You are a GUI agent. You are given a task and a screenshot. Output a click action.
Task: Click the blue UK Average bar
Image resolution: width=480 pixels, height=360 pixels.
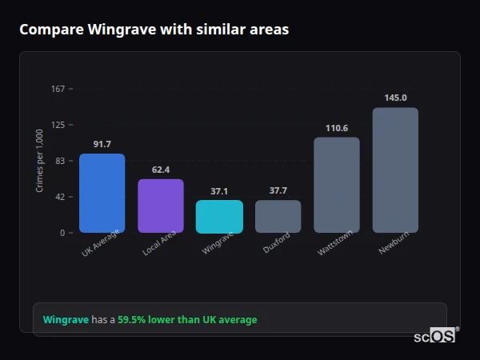click(102, 193)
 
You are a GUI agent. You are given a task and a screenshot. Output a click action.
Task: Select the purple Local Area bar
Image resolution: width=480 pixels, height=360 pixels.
click(161, 206)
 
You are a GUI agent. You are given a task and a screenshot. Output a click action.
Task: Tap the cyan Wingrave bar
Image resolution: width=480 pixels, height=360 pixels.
click(219, 216)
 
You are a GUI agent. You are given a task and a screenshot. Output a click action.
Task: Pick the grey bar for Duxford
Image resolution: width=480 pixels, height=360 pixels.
click(278, 216)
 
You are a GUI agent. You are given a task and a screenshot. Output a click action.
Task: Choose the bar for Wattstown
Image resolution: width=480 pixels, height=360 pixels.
click(337, 185)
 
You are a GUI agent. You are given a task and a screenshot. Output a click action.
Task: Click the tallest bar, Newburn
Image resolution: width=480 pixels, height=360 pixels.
click(395, 170)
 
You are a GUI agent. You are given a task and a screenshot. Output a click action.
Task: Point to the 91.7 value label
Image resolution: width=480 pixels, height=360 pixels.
click(102, 144)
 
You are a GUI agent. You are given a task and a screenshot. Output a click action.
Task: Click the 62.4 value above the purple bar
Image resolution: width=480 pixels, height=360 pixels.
click(161, 170)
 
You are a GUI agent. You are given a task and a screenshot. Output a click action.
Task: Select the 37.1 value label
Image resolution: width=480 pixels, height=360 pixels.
click(219, 191)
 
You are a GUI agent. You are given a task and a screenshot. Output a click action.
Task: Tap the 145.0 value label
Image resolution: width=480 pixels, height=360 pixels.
click(395, 98)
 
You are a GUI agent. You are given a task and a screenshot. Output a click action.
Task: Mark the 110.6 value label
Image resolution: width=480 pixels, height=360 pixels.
click(337, 128)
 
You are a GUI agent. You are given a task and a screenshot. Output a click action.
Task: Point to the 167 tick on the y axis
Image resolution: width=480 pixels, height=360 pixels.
click(58, 89)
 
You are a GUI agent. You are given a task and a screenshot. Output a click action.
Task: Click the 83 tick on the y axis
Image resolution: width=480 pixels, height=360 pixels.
click(59, 161)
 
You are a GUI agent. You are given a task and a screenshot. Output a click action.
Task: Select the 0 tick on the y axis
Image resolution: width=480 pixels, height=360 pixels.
click(62, 233)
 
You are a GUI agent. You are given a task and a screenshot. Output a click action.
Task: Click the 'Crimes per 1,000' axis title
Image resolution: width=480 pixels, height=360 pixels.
click(40, 161)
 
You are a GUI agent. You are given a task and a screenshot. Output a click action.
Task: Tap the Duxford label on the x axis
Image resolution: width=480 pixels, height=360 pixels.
click(276, 243)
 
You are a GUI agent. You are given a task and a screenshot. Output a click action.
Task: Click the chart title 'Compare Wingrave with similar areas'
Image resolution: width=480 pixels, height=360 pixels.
click(154, 30)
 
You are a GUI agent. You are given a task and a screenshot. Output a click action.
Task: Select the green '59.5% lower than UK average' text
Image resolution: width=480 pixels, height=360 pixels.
click(187, 320)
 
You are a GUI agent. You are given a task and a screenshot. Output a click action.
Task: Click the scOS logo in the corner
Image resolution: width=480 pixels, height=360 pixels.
click(435, 336)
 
